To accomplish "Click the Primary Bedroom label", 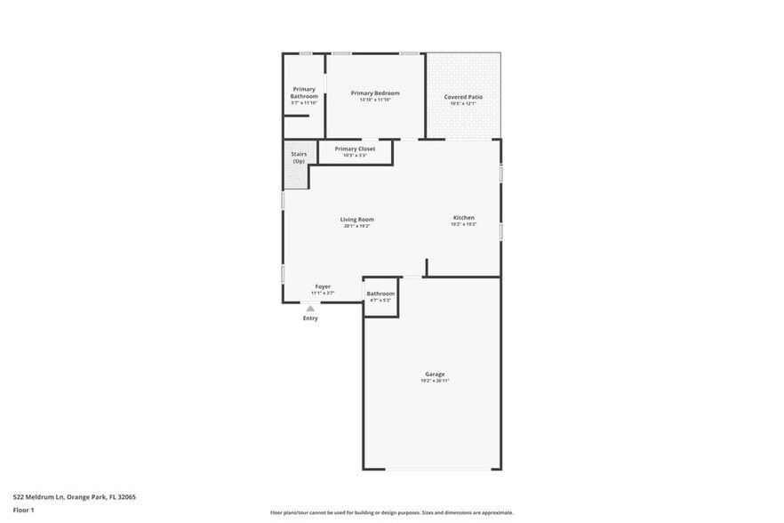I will point(374,93).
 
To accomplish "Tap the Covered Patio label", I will point(463,96).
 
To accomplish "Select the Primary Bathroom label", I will point(304,93).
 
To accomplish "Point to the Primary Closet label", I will point(355,149).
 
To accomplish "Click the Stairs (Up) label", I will point(299,157).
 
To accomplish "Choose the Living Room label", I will point(356,219).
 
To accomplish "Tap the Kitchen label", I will point(463,217).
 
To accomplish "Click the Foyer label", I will point(323,286).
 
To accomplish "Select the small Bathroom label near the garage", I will point(380,294).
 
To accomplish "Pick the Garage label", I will point(435,374).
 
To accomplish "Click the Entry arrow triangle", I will point(310,309).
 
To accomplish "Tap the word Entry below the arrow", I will point(310,318).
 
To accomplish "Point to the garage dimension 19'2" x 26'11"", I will point(435,381).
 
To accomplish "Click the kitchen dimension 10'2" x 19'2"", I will point(463,224).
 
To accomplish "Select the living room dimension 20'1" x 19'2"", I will point(356,226).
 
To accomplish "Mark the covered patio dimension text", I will point(463,103).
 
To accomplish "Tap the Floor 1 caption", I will point(23,511).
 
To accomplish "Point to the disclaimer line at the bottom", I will point(391,512).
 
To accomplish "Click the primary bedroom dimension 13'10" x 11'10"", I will point(374,100).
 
